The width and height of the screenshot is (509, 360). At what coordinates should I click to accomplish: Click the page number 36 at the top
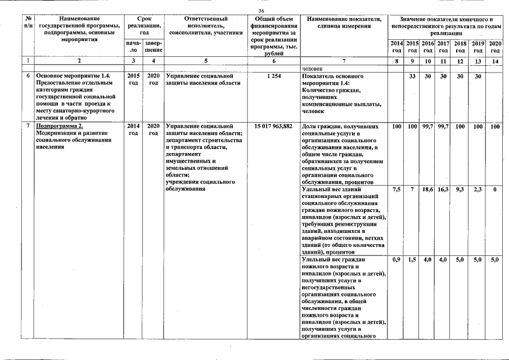261,11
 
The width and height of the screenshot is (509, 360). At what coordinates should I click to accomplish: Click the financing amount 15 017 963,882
273,127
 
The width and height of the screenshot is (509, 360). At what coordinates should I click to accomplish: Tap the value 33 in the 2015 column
412,76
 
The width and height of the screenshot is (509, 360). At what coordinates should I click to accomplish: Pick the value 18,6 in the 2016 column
427,190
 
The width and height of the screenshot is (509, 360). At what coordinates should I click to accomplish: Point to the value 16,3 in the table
443,190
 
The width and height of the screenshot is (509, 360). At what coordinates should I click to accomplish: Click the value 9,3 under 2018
460,190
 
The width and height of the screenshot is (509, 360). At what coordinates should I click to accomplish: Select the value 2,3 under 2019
478,190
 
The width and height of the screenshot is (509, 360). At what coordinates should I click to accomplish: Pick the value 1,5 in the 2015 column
412,260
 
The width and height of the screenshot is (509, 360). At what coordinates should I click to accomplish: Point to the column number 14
495,60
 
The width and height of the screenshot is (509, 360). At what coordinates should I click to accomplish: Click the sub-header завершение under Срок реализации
153,47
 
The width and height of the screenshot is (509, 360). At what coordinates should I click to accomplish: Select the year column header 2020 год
495,47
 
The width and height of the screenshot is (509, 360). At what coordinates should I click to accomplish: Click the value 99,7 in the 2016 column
427,127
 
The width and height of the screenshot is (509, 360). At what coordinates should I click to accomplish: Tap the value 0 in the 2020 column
495,190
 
